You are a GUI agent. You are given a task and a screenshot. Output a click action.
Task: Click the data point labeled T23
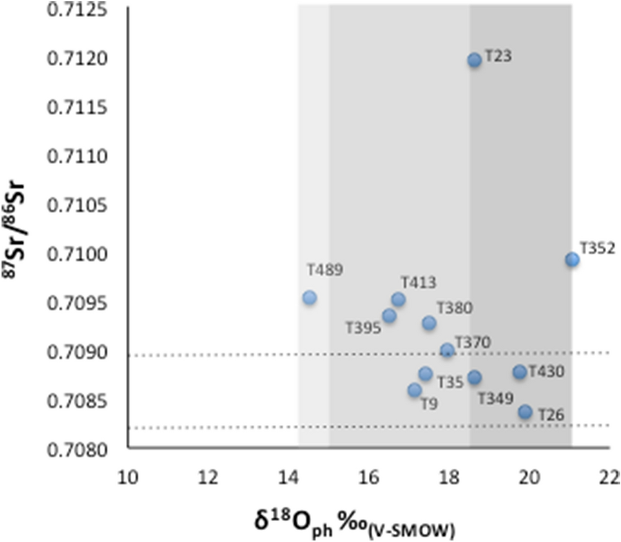(474, 60)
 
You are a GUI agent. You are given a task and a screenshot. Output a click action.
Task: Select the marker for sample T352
(572, 260)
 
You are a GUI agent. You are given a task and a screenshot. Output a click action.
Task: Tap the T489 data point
(309, 298)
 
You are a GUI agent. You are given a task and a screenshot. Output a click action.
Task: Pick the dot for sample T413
(399, 300)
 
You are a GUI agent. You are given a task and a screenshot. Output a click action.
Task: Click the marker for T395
(389, 316)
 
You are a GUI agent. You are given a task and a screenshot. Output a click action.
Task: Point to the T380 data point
(429, 323)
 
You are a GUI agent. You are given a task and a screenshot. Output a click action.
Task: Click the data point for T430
(519, 372)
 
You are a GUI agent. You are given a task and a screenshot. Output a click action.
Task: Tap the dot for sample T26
(525, 412)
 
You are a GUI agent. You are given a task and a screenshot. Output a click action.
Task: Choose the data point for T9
(415, 390)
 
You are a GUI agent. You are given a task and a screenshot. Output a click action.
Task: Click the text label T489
(325, 270)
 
